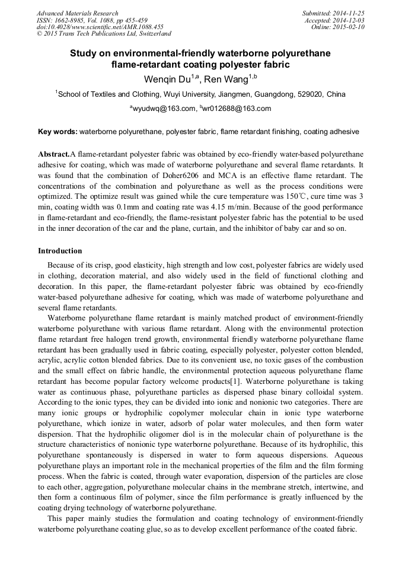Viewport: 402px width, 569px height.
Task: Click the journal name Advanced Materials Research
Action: pyautogui.click(x=77, y=13)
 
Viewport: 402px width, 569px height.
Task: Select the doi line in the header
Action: pyautogui.click(x=100, y=27)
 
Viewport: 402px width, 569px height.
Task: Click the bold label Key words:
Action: pyautogui.click(x=58, y=131)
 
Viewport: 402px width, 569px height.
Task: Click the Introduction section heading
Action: pyautogui.click(x=60, y=251)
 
